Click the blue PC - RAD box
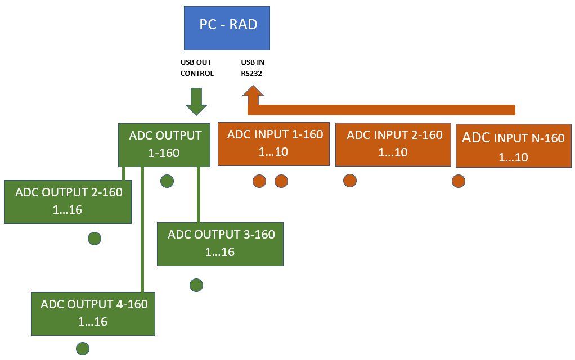[x=227, y=28]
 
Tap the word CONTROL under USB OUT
[x=196, y=74]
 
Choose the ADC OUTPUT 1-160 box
[x=165, y=144]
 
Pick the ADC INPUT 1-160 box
[x=273, y=143]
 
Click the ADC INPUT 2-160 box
[x=393, y=144]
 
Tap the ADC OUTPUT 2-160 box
[x=68, y=201]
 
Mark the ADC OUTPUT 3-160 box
[x=220, y=244]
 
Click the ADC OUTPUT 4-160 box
[x=93, y=313]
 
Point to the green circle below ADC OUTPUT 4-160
[x=83, y=349]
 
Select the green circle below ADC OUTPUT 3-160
[x=196, y=285]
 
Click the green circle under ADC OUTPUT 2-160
[x=95, y=238]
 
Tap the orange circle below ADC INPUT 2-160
[x=350, y=181]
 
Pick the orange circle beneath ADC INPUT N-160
[x=459, y=181]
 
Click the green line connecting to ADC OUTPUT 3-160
[x=199, y=194]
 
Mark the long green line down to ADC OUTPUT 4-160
[x=142, y=236]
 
